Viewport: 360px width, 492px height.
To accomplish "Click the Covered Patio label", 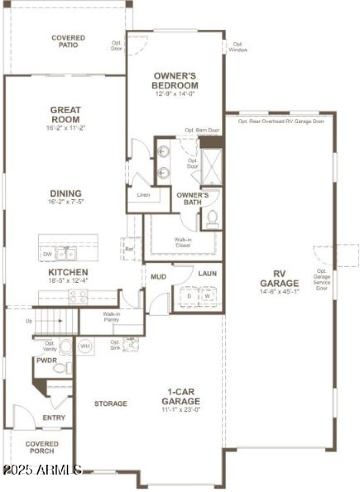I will (68, 41).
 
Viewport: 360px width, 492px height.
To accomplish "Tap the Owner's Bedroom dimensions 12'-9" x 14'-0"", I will (175, 94).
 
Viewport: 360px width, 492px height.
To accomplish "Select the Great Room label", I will (65, 115).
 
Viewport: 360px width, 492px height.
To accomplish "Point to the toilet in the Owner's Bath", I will (211, 219).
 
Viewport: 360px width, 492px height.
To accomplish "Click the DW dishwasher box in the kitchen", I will (48, 255).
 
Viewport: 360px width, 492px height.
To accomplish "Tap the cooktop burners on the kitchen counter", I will (78, 296).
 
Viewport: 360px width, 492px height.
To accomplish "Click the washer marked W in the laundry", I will (207, 297).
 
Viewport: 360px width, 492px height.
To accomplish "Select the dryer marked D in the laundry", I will (189, 297).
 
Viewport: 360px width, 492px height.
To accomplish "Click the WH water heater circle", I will (84, 346).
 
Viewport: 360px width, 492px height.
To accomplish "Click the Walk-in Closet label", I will (183, 242).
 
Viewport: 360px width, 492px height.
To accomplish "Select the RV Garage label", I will (279, 279).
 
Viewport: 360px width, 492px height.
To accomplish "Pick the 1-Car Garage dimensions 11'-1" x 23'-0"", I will (181, 410).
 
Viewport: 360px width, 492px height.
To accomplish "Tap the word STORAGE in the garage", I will (110, 404).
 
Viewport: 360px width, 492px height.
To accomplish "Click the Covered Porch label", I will (42, 447).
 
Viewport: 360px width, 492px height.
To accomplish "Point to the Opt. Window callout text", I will (238, 47).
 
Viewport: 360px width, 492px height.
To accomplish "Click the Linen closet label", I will (144, 195).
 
